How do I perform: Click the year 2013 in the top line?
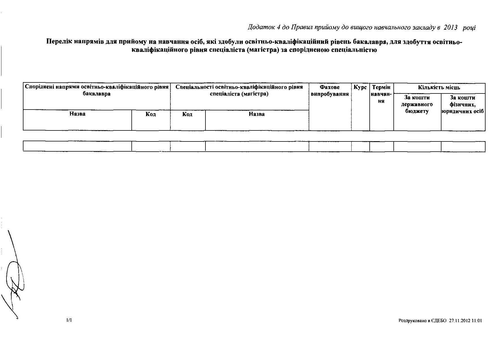pos(450,27)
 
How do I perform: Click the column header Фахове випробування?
pos(330,91)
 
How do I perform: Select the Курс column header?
pos(360,87)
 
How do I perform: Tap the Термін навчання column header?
pos(381,94)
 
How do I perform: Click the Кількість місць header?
pos(439,88)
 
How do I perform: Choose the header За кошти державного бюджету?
pos(417,104)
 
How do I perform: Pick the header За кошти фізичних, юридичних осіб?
pos(463,104)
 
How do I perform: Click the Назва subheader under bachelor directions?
pos(77,114)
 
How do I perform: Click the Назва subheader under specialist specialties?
pos(257,114)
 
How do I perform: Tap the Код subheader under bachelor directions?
pos(151,114)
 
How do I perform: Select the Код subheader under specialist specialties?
pos(187,114)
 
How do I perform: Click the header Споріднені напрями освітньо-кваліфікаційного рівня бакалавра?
pos(97,90)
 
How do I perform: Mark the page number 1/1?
pos(69,320)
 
